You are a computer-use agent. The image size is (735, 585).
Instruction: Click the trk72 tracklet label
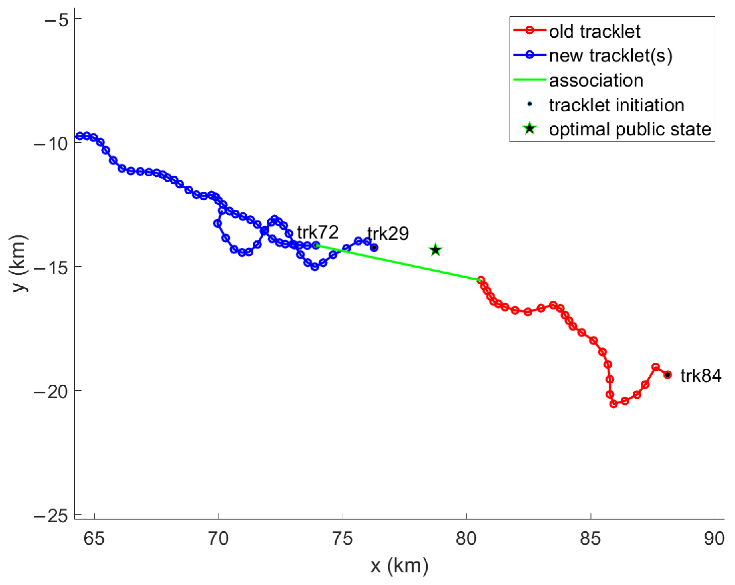(317, 232)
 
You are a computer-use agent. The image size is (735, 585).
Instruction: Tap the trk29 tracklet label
(388, 234)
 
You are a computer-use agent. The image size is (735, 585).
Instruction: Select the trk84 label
(701, 376)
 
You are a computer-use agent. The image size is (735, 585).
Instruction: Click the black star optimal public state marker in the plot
(435, 250)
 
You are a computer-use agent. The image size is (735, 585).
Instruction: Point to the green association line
(400, 262)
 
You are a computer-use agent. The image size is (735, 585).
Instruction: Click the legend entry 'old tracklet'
(594, 31)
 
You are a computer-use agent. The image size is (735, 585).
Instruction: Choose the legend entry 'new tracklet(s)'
(610, 56)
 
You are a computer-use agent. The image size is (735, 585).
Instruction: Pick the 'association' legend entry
(596, 80)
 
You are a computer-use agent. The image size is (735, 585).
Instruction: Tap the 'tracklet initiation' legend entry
(616, 105)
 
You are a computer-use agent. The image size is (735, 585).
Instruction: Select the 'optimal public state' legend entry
(629, 129)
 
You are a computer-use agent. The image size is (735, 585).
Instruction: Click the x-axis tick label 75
(342, 539)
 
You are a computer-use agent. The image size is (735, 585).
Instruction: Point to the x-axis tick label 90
(714, 539)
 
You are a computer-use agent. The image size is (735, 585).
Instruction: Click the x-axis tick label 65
(94, 539)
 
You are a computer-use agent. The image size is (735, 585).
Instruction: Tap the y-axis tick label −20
(51, 391)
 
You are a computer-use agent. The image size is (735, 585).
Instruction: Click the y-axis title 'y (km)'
(19, 264)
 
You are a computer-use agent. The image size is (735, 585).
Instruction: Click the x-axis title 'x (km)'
(399, 566)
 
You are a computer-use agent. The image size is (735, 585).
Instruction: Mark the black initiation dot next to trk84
(667, 375)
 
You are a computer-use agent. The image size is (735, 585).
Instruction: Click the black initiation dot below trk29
(374, 248)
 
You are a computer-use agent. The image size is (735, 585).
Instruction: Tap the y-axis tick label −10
(51, 143)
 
